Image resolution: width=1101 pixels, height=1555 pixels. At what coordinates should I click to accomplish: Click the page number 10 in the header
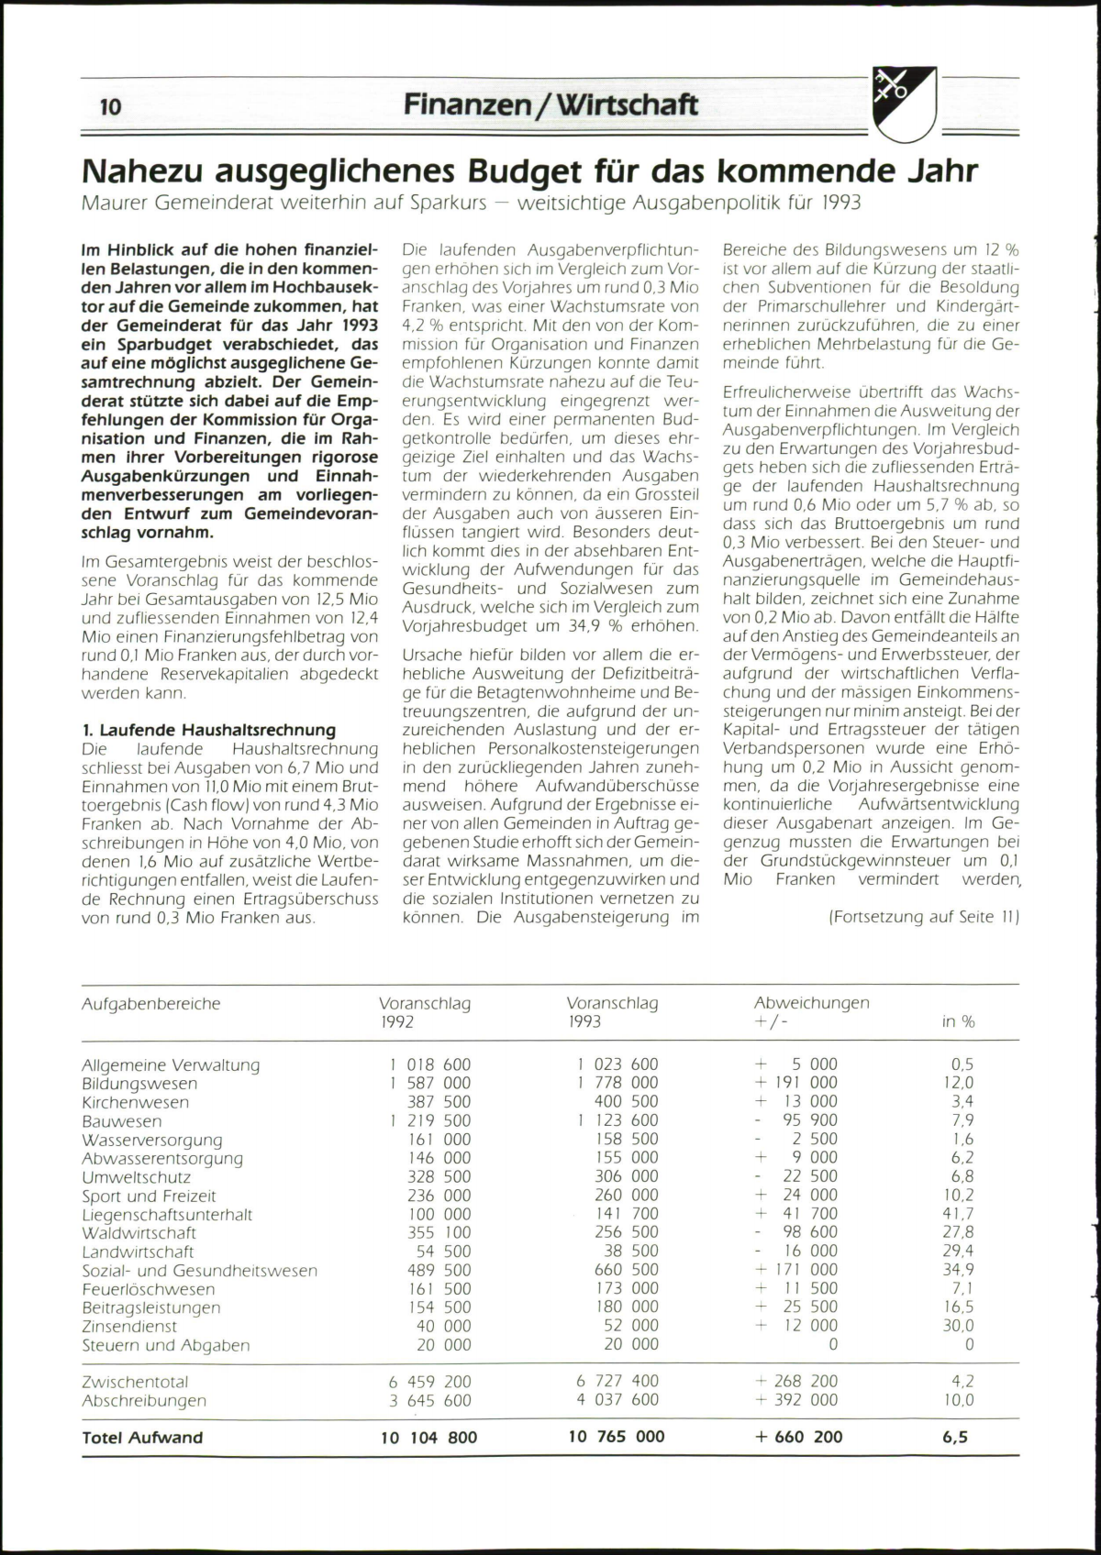[x=110, y=107]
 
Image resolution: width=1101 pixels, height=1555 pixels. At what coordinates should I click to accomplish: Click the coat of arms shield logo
[x=904, y=104]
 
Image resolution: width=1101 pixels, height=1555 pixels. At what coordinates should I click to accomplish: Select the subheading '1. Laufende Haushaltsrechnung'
[x=208, y=730]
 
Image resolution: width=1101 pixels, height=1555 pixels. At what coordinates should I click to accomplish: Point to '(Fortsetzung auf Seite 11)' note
[x=924, y=917]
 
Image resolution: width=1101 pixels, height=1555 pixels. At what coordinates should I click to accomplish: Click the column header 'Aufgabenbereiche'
[x=151, y=1004]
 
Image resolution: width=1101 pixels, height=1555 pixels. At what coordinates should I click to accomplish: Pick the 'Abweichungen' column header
[x=811, y=1003]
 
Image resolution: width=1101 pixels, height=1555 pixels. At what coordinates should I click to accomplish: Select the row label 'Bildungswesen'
[x=139, y=1084]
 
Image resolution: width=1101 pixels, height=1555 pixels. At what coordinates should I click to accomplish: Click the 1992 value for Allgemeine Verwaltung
[x=429, y=1064]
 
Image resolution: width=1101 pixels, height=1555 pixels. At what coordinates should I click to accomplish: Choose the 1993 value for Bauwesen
[x=617, y=1120]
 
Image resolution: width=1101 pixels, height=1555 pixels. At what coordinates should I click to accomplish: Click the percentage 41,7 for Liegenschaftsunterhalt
[x=958, y=1214]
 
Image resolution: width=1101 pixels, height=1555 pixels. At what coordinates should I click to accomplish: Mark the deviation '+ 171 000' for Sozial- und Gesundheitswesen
[x=795, y=1270]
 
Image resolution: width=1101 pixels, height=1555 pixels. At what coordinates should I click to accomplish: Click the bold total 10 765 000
[x=617, y=1437]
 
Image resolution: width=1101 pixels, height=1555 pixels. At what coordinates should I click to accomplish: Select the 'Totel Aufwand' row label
[x=142, y=1438]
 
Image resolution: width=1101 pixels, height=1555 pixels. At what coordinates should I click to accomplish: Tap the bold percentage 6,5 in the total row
[x=955, y=1437]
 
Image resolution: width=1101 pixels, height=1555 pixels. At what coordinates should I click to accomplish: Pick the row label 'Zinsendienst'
[x=129, y=1327]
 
